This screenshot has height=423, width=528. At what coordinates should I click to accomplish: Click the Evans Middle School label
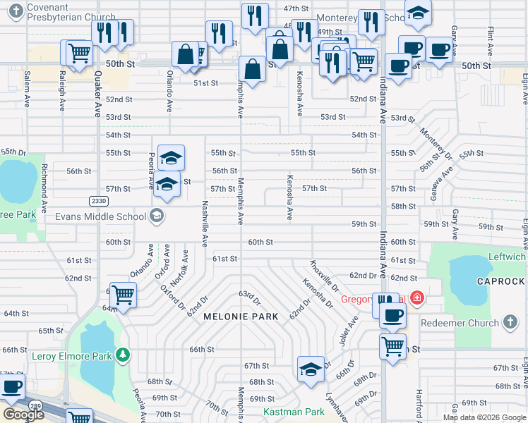101,216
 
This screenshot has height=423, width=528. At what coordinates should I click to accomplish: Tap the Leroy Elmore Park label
71,356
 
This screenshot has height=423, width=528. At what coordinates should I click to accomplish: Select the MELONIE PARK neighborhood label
237,317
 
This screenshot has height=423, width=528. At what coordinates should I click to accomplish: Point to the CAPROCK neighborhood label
500,281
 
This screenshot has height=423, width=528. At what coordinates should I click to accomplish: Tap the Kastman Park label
294,412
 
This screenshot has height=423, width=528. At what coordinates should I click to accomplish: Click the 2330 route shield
98,202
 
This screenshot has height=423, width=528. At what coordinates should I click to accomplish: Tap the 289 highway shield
35,405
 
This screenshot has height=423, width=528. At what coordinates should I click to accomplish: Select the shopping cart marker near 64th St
123,294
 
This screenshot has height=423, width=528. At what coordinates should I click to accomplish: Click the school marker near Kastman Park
311,369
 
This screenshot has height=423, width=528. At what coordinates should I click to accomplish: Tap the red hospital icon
416,299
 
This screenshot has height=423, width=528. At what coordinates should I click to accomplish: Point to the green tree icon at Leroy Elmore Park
123,354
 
